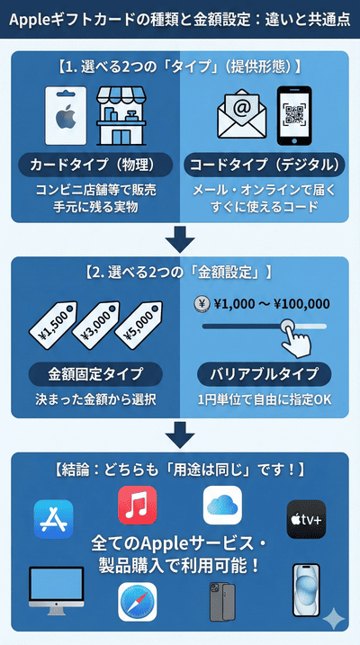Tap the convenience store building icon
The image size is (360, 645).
pos(121,118)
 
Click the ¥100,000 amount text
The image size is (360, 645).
pos(298,304)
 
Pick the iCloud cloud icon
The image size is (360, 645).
pos(222,505)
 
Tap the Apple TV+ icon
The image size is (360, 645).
pos(306,519)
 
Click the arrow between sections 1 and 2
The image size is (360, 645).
pos(181,239)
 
